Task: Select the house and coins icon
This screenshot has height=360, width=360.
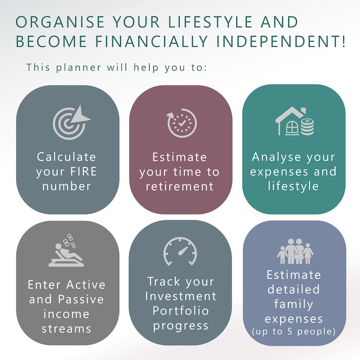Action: (294, 122)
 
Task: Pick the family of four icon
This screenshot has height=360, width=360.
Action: (295, 251)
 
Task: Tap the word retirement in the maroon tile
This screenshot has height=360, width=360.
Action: (180, 186)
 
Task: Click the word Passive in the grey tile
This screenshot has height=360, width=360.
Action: (81, 299)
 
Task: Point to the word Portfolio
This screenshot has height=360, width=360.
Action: (180, 311)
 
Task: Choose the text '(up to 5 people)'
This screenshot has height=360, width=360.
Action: (294, 332)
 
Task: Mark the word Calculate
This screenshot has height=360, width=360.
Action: (67, 157)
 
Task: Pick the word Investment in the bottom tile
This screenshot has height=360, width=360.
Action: (180, 296)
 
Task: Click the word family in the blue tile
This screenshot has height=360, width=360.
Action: (293, 303)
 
